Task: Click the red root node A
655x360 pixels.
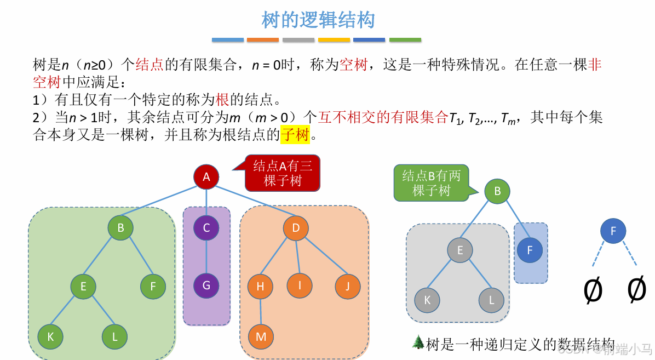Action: coord(206,176)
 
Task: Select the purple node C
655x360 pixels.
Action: coord(206,228)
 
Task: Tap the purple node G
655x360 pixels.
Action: coord(206,285)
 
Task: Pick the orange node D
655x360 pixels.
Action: coord(296,228)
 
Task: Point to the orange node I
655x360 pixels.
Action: coord(300,285)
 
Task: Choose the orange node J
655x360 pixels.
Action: coord(348,286)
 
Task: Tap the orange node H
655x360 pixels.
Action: coord(260,286)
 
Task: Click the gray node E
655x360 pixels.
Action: coord(460,250)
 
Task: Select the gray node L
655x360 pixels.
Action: coord(491,300)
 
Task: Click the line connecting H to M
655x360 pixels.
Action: coord(260,311)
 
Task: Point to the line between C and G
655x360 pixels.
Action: coord(206,256)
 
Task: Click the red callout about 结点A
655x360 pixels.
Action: coord(283,173)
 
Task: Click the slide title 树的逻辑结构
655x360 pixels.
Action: coord(318,20)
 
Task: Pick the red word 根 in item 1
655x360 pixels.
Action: coord(222,100)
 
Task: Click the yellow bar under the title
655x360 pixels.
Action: coord(334,40)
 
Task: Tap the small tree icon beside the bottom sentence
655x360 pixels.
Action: coord(418,342)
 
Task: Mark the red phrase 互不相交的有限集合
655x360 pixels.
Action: coord(383,117)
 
